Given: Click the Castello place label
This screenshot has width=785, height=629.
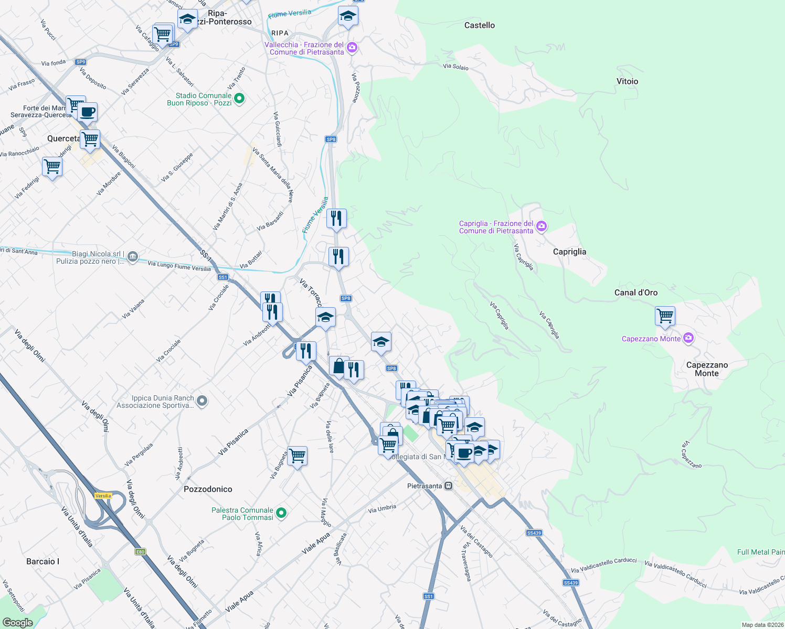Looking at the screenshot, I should point(479,25).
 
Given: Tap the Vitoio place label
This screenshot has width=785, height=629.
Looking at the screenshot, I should point(627,81).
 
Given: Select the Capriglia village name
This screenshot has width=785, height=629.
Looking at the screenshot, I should point(569,252).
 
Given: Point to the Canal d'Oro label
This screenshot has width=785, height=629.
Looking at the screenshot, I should point(635,292).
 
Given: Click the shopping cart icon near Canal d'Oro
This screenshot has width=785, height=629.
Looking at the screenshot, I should point(665,316).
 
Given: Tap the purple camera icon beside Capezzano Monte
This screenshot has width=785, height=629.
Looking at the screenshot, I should point(688,339).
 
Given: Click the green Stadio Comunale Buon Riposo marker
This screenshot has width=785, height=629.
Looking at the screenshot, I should point(239,99).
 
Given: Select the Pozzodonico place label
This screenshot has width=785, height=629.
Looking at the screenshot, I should point(208,489).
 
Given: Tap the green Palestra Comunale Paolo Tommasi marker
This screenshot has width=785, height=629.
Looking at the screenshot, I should point(281,513).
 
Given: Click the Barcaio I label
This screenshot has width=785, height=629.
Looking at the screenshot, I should point(43,561).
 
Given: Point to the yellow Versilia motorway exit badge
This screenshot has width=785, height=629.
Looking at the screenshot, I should point(103,495).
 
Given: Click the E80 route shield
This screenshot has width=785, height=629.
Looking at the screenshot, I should point(140,551).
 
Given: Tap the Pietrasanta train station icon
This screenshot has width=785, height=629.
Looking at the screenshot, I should point(448,486).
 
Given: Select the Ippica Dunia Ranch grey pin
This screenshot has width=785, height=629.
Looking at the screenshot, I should point(202,402).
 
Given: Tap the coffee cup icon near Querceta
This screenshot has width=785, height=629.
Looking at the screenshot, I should point(88,112).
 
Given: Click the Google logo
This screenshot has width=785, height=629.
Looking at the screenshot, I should point(17,623).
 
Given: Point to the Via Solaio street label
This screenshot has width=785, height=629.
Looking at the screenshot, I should point(455,67).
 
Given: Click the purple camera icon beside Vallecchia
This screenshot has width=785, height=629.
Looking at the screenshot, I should point(352,48).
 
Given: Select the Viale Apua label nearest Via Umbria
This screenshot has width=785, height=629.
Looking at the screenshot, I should point(316,542).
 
